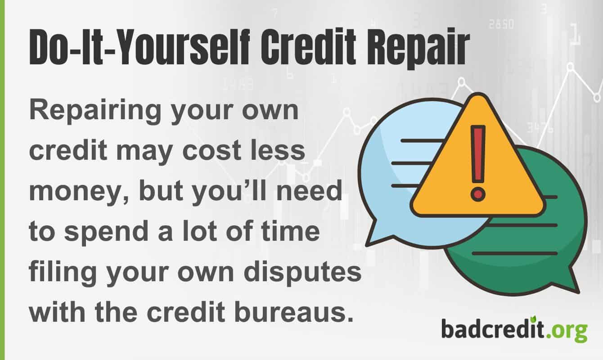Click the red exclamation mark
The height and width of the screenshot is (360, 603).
477,162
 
